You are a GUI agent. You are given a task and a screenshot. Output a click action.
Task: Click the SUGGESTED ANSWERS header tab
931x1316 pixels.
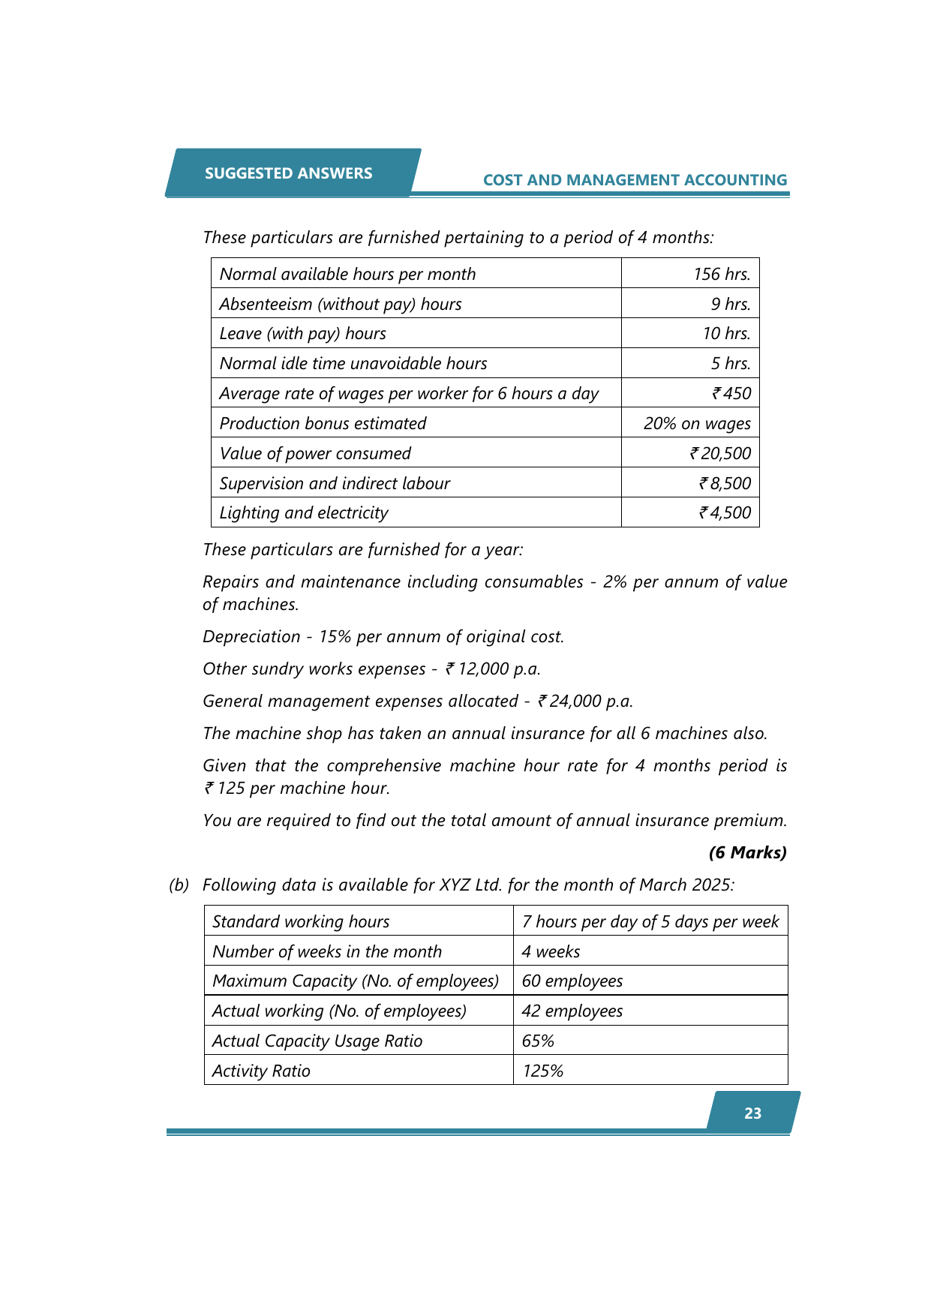coord(289,173)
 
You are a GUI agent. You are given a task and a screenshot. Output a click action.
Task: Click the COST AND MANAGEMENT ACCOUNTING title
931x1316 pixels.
coord(635,180)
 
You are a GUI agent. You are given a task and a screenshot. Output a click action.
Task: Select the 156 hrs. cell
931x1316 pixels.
coord(722,274)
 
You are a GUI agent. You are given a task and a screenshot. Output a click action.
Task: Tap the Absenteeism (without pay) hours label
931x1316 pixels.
coord(341,304)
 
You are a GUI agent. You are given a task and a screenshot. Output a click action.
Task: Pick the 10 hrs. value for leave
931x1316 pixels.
coord(726,333)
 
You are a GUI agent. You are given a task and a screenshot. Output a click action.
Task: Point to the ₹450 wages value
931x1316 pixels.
coord(731,393)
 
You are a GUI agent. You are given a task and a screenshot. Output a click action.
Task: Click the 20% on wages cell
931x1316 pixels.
coord(697,423)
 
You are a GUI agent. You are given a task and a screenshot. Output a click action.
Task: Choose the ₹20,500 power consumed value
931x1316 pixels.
coord(720,453)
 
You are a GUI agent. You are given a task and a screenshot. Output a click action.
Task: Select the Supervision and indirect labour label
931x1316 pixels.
coord(335,483)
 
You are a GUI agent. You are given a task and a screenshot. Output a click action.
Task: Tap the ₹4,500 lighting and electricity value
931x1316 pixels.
coord(725,512)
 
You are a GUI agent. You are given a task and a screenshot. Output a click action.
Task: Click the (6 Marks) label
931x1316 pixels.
coord(747,852)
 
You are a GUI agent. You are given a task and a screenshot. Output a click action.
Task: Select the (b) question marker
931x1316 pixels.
coord(179,885)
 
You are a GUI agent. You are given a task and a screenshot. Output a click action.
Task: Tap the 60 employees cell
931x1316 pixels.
coord(572,981)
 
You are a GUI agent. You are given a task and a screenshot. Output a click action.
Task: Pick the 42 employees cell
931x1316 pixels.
coord(572,1011)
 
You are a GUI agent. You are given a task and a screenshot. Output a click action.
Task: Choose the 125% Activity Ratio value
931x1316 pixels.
coord(542,1071)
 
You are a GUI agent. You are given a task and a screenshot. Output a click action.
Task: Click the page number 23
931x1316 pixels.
coord(752,1113)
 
